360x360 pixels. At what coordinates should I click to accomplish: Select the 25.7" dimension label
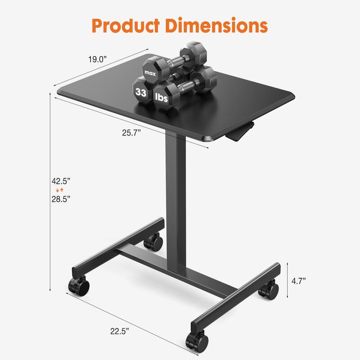131,132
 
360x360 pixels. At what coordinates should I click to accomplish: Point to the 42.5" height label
61,181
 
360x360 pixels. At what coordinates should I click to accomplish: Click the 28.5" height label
61,198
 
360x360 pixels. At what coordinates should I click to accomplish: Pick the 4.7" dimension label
298,281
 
